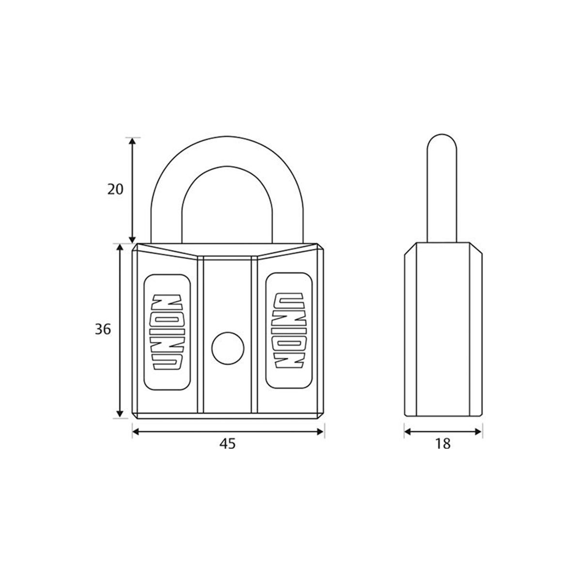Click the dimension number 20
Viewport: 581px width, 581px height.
tap(116, 189)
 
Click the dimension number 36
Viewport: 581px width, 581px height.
tap(103, 330)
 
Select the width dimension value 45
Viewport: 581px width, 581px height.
tap(228, 443)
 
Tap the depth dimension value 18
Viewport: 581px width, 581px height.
tap(443, 443)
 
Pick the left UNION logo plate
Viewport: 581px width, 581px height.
tap(167, 332)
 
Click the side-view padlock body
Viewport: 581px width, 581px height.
tap(443, 329)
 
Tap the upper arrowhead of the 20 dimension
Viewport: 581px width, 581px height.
tap(133, 141)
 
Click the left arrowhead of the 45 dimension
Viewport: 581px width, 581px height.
tap(136, 431)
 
